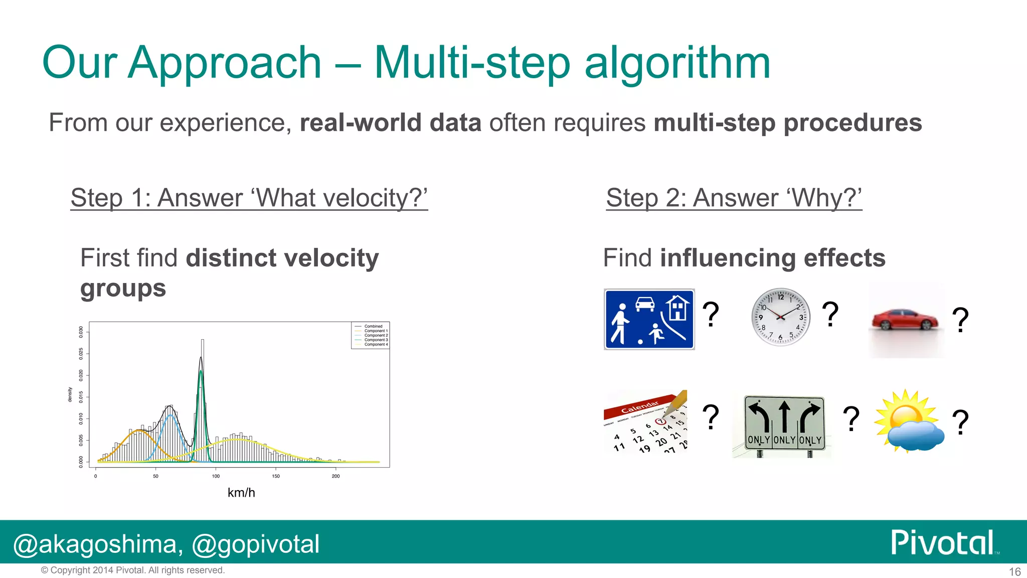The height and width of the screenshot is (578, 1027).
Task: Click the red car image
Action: pyautogui.click(x=905, y=320)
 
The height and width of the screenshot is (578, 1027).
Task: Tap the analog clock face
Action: pyautogui.click(x=780, y=317)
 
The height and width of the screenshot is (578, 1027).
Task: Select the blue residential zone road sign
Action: pyautogui.click(x=649, y=319)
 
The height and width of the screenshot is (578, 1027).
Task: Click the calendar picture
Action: pyautogui.click(x=645, y=421)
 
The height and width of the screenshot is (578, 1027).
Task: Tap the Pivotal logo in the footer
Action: pyautogui.click(x=943, y=542)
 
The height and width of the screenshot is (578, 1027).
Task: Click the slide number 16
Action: pyautogui.click(x=1014, y=571)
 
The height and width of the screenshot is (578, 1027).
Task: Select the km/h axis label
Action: pyautogui.click(x=241, y=493)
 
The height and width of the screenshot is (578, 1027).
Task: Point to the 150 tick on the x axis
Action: pyautogui.click(x=276, y=476)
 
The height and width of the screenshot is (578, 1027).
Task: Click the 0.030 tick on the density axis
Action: pyautogui.click(x=81, y=332)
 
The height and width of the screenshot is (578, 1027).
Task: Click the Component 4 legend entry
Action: pyautogui.click(x=375, y=345)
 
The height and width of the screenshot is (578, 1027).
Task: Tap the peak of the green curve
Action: pyautogui.click(x=201, y=371)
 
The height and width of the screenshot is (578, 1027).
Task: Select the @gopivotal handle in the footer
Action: pyautogui.click(x=255, y=544)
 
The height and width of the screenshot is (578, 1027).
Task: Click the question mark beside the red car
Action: pyautogui.click(x=960, y=320)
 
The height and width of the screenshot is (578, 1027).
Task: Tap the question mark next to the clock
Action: pyautogui.click(x=830, y=314)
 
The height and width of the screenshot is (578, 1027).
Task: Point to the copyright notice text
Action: pyautogui.click(x=133, y=570)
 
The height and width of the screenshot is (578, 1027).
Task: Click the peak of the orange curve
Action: pyautogui.click(x=138, y=430)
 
